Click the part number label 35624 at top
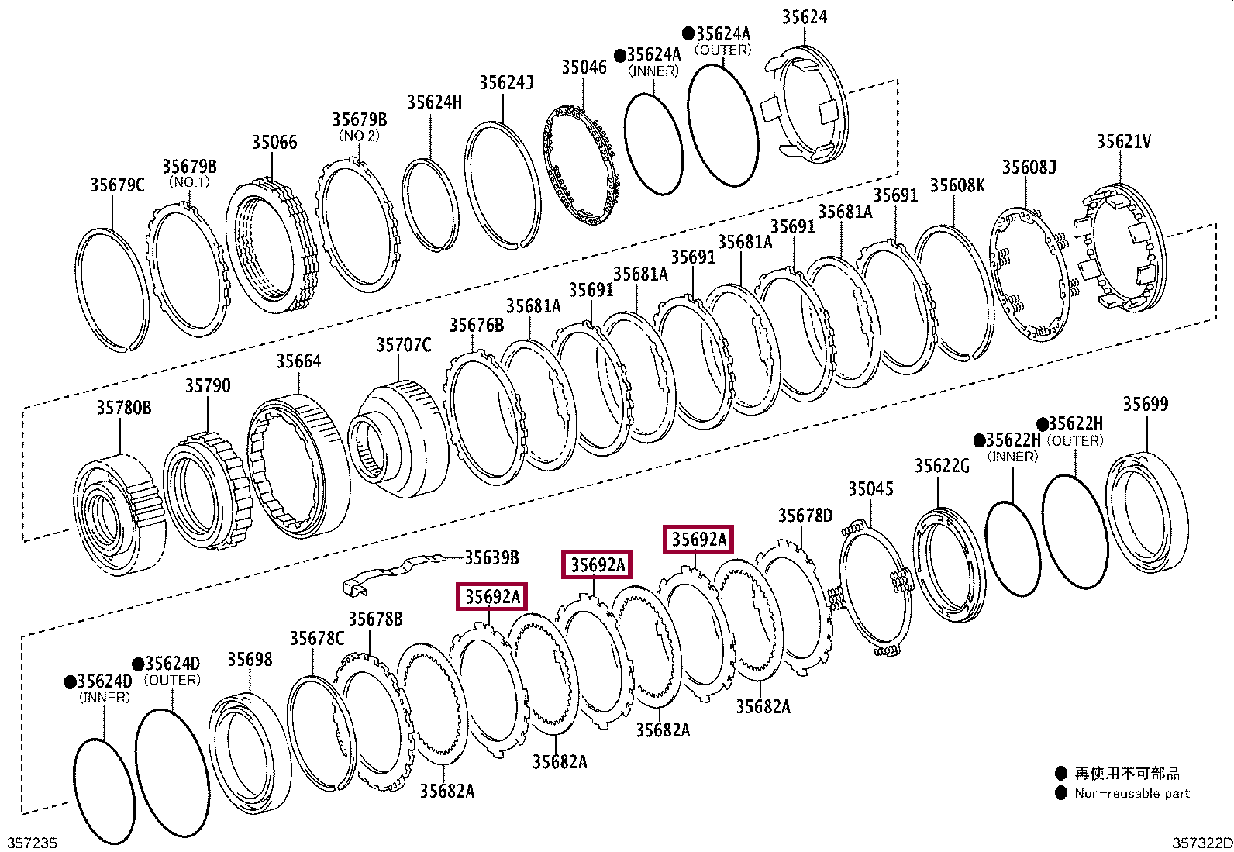tap(804, 16)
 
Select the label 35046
tap(584, 67)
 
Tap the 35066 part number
tap(274, 142)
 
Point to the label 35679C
tap(117, 185)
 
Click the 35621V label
tap(1122, 141)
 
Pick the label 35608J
tap(1029, 167)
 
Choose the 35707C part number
tap(403, 345)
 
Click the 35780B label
tap(123, 408)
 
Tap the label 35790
tap(207, 385)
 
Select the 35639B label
tap(491, 557)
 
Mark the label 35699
tap(1145, 404)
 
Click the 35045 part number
tap(870, 489)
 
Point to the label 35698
tap(249, 660)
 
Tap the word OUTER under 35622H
tap(1074, 440)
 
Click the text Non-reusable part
tap(1131, 793)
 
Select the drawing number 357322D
tap(1201, 843)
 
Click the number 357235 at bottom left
tap(32, 843)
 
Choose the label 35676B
tap(476, 326)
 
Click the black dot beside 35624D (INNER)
tap(70, 681)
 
